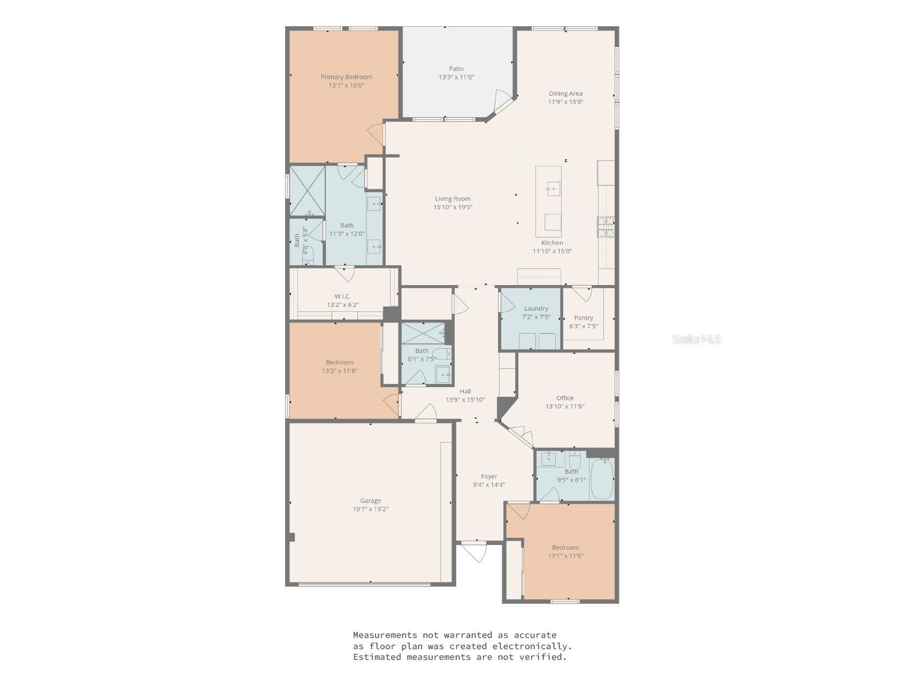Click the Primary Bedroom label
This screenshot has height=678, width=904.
point(346,77)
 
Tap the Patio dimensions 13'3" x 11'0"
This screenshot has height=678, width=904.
point(456,77)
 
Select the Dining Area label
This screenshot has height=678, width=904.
point(565,94)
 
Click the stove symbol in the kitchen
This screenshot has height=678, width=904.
point(606,227)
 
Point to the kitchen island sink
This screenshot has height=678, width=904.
point(553,188)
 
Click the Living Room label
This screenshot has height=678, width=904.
point(453,199)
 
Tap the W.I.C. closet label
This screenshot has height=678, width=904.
point(342,296)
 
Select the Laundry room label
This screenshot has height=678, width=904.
point(536,309)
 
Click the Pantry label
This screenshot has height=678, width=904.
point(584,318)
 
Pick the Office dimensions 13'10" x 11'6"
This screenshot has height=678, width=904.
point(565,406)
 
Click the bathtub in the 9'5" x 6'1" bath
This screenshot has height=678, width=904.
point(602,479)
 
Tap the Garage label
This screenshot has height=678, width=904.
point(370,501)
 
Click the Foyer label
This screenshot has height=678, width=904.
point(489,476)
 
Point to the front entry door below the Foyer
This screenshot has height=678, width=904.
point(474,551)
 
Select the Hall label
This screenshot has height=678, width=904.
point(465,391)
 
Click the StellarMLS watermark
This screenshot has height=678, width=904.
point(696,339)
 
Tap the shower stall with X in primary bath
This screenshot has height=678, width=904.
point(307,190)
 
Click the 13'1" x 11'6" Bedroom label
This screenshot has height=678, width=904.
point(565,548)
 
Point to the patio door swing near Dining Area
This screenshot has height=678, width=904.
point(503,102)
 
